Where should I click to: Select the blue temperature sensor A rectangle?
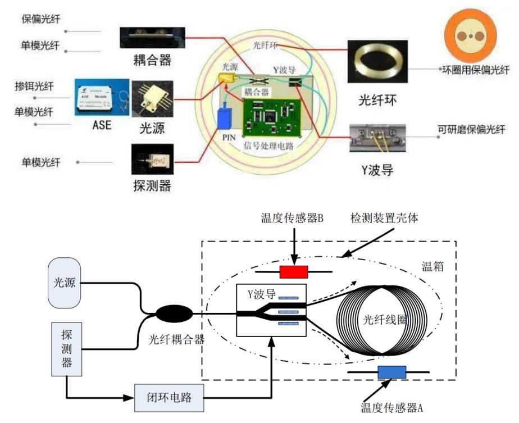pos(391,372)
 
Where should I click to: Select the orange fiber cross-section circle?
pos(474,37)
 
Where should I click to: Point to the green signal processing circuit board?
pos(272,117)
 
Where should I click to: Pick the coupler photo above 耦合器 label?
pos(152,38)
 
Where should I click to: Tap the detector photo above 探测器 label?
pos(152,160)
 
